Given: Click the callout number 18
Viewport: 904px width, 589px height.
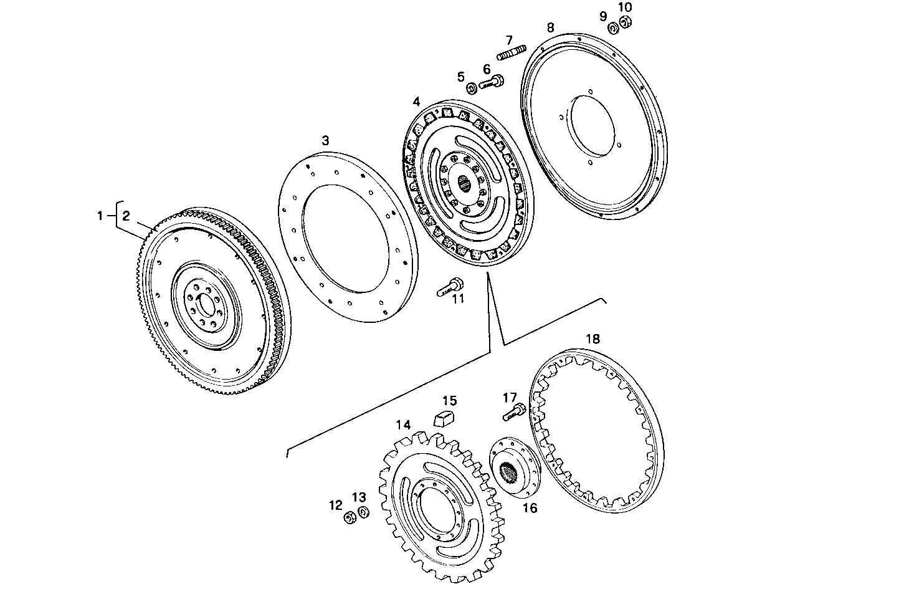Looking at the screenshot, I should (592, 338).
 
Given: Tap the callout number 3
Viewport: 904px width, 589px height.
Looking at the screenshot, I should (325, 141).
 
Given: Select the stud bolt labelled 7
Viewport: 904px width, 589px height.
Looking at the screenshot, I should (512, 52).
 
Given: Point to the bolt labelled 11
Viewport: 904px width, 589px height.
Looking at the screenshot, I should (450, 286).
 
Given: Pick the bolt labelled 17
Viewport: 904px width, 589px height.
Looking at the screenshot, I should (515, 411).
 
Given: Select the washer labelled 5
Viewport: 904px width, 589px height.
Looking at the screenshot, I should (472, 87).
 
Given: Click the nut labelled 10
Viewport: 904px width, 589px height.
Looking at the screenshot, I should (626, 22).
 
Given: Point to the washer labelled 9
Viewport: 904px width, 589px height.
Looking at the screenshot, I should (613, 27).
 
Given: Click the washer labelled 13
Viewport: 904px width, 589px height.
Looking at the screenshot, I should (364, 512).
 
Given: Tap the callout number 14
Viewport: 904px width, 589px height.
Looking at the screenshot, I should (403, 425).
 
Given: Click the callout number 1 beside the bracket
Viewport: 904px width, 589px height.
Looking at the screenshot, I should (99, 216).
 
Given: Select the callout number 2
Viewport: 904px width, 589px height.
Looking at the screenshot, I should (126, 216).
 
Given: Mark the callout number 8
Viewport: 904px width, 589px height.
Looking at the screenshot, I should (550, 27).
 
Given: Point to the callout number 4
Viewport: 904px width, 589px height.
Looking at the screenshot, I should (416, 101).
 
